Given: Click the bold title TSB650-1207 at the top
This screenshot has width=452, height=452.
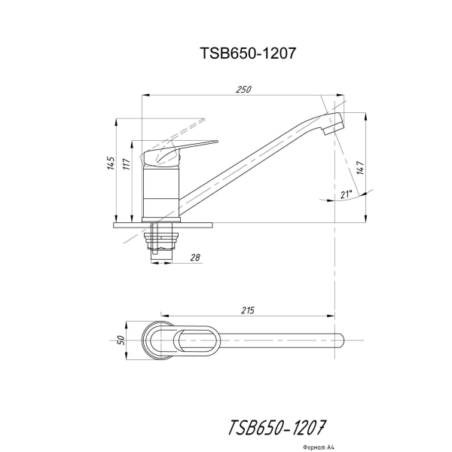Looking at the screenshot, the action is pyautogui.click(x=248, y=53).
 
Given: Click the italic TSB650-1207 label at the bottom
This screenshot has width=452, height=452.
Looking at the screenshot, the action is pyautogui.click(x=276, y=427).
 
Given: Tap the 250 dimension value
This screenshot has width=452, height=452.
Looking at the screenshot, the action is pyautogui.click(x=243, y=90).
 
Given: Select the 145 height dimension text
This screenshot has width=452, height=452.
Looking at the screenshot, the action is pyautogui.click(x=111, y=163).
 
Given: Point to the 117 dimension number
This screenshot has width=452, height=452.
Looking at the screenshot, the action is pyautogui.click(x=127, y=164).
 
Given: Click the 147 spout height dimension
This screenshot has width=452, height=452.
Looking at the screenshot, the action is pyautogui.click(x=360, y=168).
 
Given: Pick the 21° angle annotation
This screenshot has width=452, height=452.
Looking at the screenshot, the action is pyautogui.click(x=347, y=194).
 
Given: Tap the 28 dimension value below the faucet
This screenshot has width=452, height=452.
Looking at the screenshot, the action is pyautogui.click(x=195, y=257).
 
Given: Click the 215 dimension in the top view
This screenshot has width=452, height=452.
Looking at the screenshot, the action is pyautogui.click(x=248, y=310).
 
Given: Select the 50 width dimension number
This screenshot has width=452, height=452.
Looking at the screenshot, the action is pyautogui.click(x=121, y=341).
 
